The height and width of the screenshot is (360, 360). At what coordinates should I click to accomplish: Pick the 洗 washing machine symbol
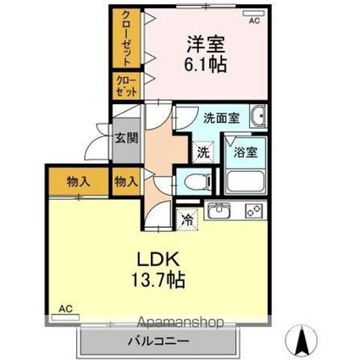[202, 153]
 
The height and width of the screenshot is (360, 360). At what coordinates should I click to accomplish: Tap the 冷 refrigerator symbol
[186, 218]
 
